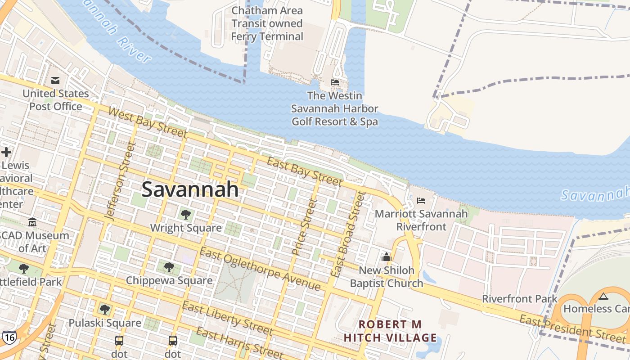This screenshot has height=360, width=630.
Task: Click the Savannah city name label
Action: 190,189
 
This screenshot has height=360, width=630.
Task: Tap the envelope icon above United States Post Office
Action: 55,81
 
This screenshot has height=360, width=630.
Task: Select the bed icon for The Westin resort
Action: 335,82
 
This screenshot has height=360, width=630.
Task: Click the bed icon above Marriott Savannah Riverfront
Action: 421,200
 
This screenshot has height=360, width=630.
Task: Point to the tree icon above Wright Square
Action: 185,214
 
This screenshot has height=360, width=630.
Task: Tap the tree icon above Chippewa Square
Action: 169,267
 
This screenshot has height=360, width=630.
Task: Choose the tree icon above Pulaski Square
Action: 104,310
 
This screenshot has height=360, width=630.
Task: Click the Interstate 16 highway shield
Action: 9,337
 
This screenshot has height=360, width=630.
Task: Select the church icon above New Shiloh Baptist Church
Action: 386,257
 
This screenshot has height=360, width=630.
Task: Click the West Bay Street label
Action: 148,123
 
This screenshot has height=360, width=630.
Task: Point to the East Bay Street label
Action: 304,171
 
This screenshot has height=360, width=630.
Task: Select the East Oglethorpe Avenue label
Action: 260,269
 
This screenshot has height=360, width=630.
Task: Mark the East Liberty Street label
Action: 227,318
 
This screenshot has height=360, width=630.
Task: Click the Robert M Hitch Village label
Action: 390,331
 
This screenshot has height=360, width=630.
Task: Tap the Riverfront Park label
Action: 520,299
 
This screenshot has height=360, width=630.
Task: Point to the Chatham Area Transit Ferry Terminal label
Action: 267,23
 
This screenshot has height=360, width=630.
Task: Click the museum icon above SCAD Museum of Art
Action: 32,222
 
